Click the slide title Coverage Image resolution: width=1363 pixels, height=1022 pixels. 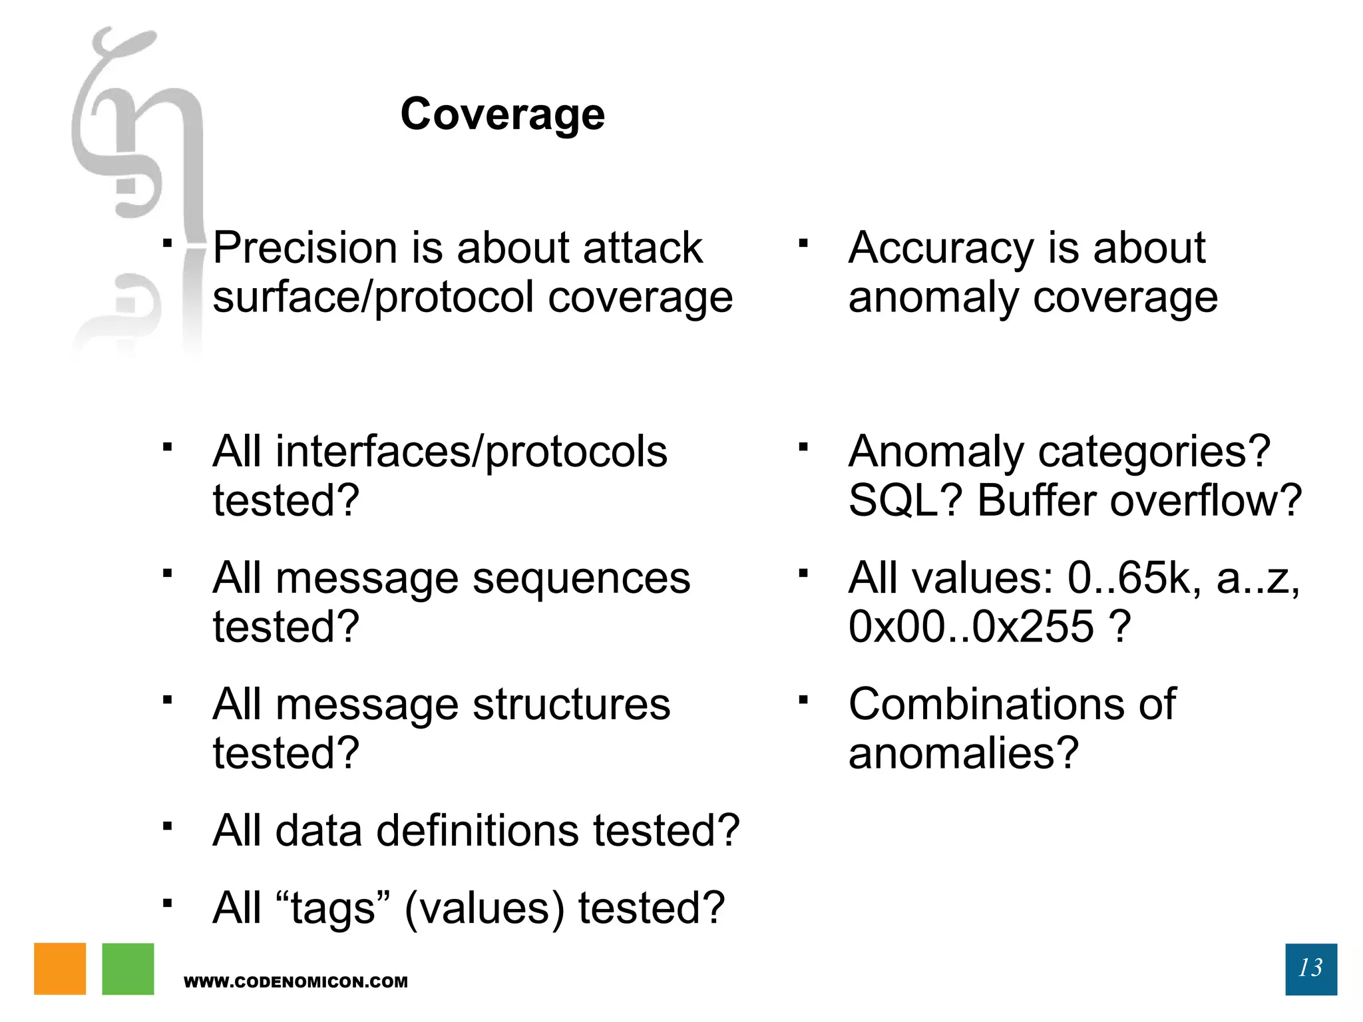click(502, 114)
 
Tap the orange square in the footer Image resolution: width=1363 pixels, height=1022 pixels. click(60, 968)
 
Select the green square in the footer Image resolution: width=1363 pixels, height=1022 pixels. click(128, 968)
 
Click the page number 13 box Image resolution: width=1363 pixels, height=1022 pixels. click(1310, 968)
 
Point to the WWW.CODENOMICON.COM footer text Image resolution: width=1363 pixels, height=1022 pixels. click(295, 982)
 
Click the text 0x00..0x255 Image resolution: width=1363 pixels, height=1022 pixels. click(971, 627)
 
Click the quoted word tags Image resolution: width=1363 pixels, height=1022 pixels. click(333, 909)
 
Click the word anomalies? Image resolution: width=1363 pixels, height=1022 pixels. click(963, 753)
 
